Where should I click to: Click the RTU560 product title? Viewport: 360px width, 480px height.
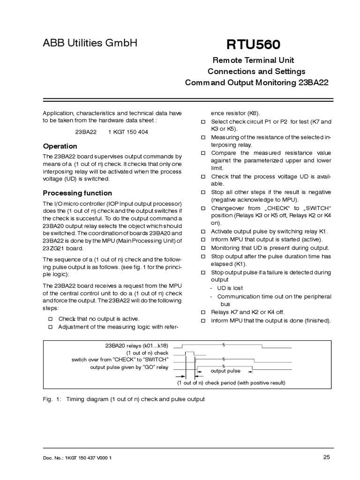[x=254, y=45]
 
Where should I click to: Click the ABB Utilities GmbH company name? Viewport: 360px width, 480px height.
[x=90, y=43]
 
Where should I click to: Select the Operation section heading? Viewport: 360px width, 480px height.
[x=60, y=146]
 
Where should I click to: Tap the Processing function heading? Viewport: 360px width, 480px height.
[x=77, y=193]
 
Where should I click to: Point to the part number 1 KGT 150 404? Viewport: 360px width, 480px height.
[x=128, y=132]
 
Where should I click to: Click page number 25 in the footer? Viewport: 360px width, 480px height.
[x=327, y=457]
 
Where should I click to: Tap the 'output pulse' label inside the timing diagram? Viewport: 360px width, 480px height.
[x=225, y=371]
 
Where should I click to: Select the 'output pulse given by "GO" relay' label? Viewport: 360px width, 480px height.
[x=129, y=367]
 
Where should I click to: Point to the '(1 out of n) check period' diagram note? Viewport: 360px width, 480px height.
[x=231, y=382]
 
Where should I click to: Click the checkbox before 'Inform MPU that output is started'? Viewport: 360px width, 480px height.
[x=203, y=240]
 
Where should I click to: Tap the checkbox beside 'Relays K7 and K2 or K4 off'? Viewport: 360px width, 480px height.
[x=203, y=312]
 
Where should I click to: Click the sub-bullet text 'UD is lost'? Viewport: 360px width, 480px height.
[x=230, y=288]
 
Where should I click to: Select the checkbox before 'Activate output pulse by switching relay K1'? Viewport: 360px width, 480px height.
[x=203, y=232]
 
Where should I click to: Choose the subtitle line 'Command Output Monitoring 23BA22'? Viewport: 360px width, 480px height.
[x=256, y=82]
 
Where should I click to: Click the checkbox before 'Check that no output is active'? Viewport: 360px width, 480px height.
[x=50, y=319]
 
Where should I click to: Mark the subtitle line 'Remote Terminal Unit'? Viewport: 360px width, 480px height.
[x=253, y=60]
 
